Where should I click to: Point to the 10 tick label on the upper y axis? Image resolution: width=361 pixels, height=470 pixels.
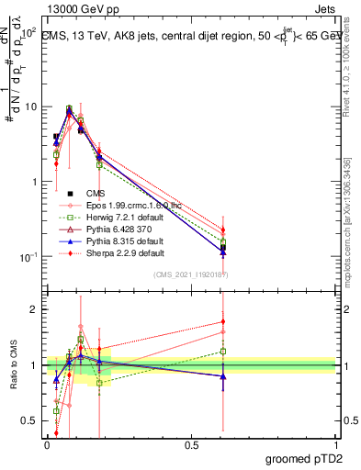tap(28, 106)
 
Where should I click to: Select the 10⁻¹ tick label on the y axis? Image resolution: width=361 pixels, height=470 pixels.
tap(27, 257)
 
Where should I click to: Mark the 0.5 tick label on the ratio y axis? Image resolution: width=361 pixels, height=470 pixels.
tap(30, 422)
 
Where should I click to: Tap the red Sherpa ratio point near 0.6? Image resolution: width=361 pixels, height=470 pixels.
tap(223, 321)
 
